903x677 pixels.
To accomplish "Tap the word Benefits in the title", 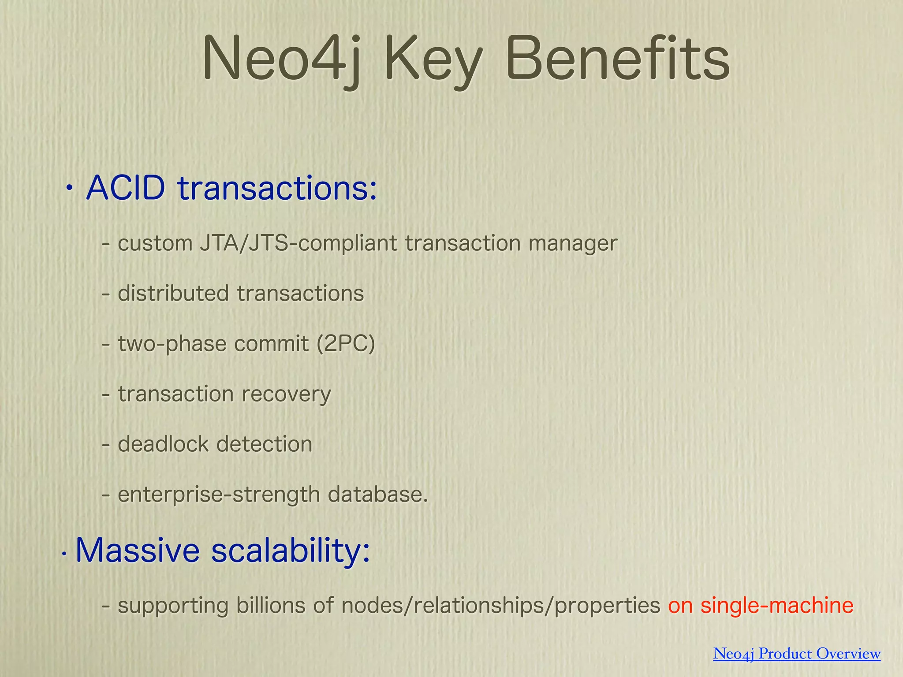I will [617, 60].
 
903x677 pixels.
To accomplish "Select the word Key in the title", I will [433, 62].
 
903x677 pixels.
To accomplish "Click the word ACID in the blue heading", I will [126, 188].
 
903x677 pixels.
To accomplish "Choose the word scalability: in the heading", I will [291, 551].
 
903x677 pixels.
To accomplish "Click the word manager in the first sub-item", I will [573, 244].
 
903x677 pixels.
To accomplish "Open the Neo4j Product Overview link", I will [797, 654].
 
